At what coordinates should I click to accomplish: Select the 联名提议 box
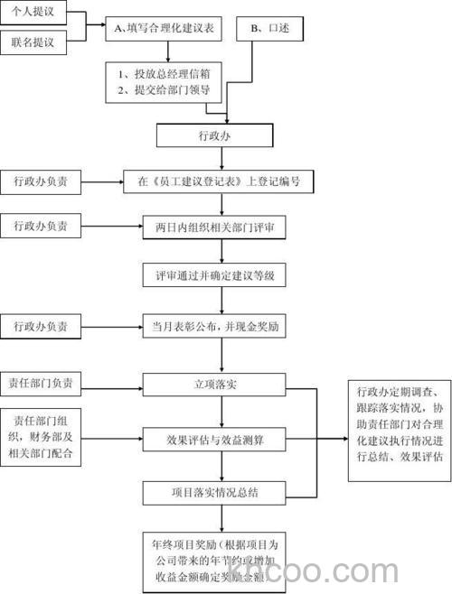click(x=33, y=42)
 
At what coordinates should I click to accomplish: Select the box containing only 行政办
click(x=214, y=135)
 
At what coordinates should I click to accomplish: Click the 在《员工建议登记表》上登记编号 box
click(x=214, y=181)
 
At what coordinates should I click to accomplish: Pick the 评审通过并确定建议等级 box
click(x=214, y=274)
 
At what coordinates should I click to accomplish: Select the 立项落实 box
click(x=214, y=384)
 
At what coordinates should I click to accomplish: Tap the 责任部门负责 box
click(x=40, y=384)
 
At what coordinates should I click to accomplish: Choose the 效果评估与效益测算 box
click(x=214, y=441)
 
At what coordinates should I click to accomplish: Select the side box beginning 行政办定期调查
click(x=399, y=424)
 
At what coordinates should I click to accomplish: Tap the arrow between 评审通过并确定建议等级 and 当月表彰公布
click(x=214, y=300)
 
